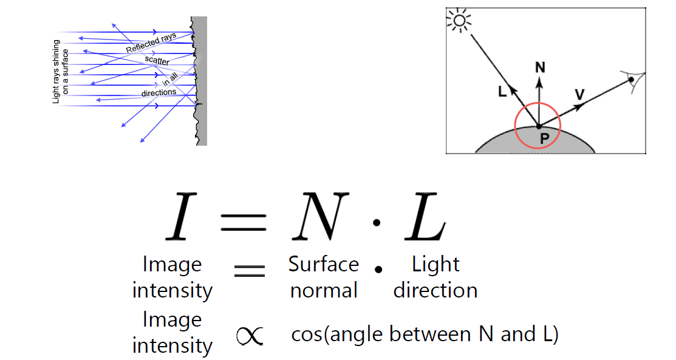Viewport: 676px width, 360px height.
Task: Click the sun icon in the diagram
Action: pyautogui.click(x=459, y=22)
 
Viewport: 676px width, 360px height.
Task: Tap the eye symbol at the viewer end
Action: pyautogui.click(x=633, y=80)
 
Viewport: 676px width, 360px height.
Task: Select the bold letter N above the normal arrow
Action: pyautogui.click(x=539, y=67)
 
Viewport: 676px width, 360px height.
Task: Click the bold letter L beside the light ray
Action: pyautogui.click(x=502, y=92)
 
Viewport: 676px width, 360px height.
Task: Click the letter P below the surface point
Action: pyautogui.click(x=544, y=138)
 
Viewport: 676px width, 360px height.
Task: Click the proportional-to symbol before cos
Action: pyautogui.click(x=249, y=335)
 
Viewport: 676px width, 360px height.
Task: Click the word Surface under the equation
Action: pyautogui.click(x=323, y=265)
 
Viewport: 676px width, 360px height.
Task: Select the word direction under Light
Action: pyautogui.click(x=435, y=290)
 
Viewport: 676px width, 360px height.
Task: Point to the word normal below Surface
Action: pyautogui.click(x=323, y=290)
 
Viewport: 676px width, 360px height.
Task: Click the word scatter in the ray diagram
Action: pyautogui.click(x=157, y=61)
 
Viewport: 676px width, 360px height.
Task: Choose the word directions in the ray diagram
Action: pyautogui.click(x=159, y=93)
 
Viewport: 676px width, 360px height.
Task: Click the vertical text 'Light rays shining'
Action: pyautogui.click(x=56, y=71)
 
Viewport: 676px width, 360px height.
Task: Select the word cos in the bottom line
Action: pyautogui.click(x=307, y=335)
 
